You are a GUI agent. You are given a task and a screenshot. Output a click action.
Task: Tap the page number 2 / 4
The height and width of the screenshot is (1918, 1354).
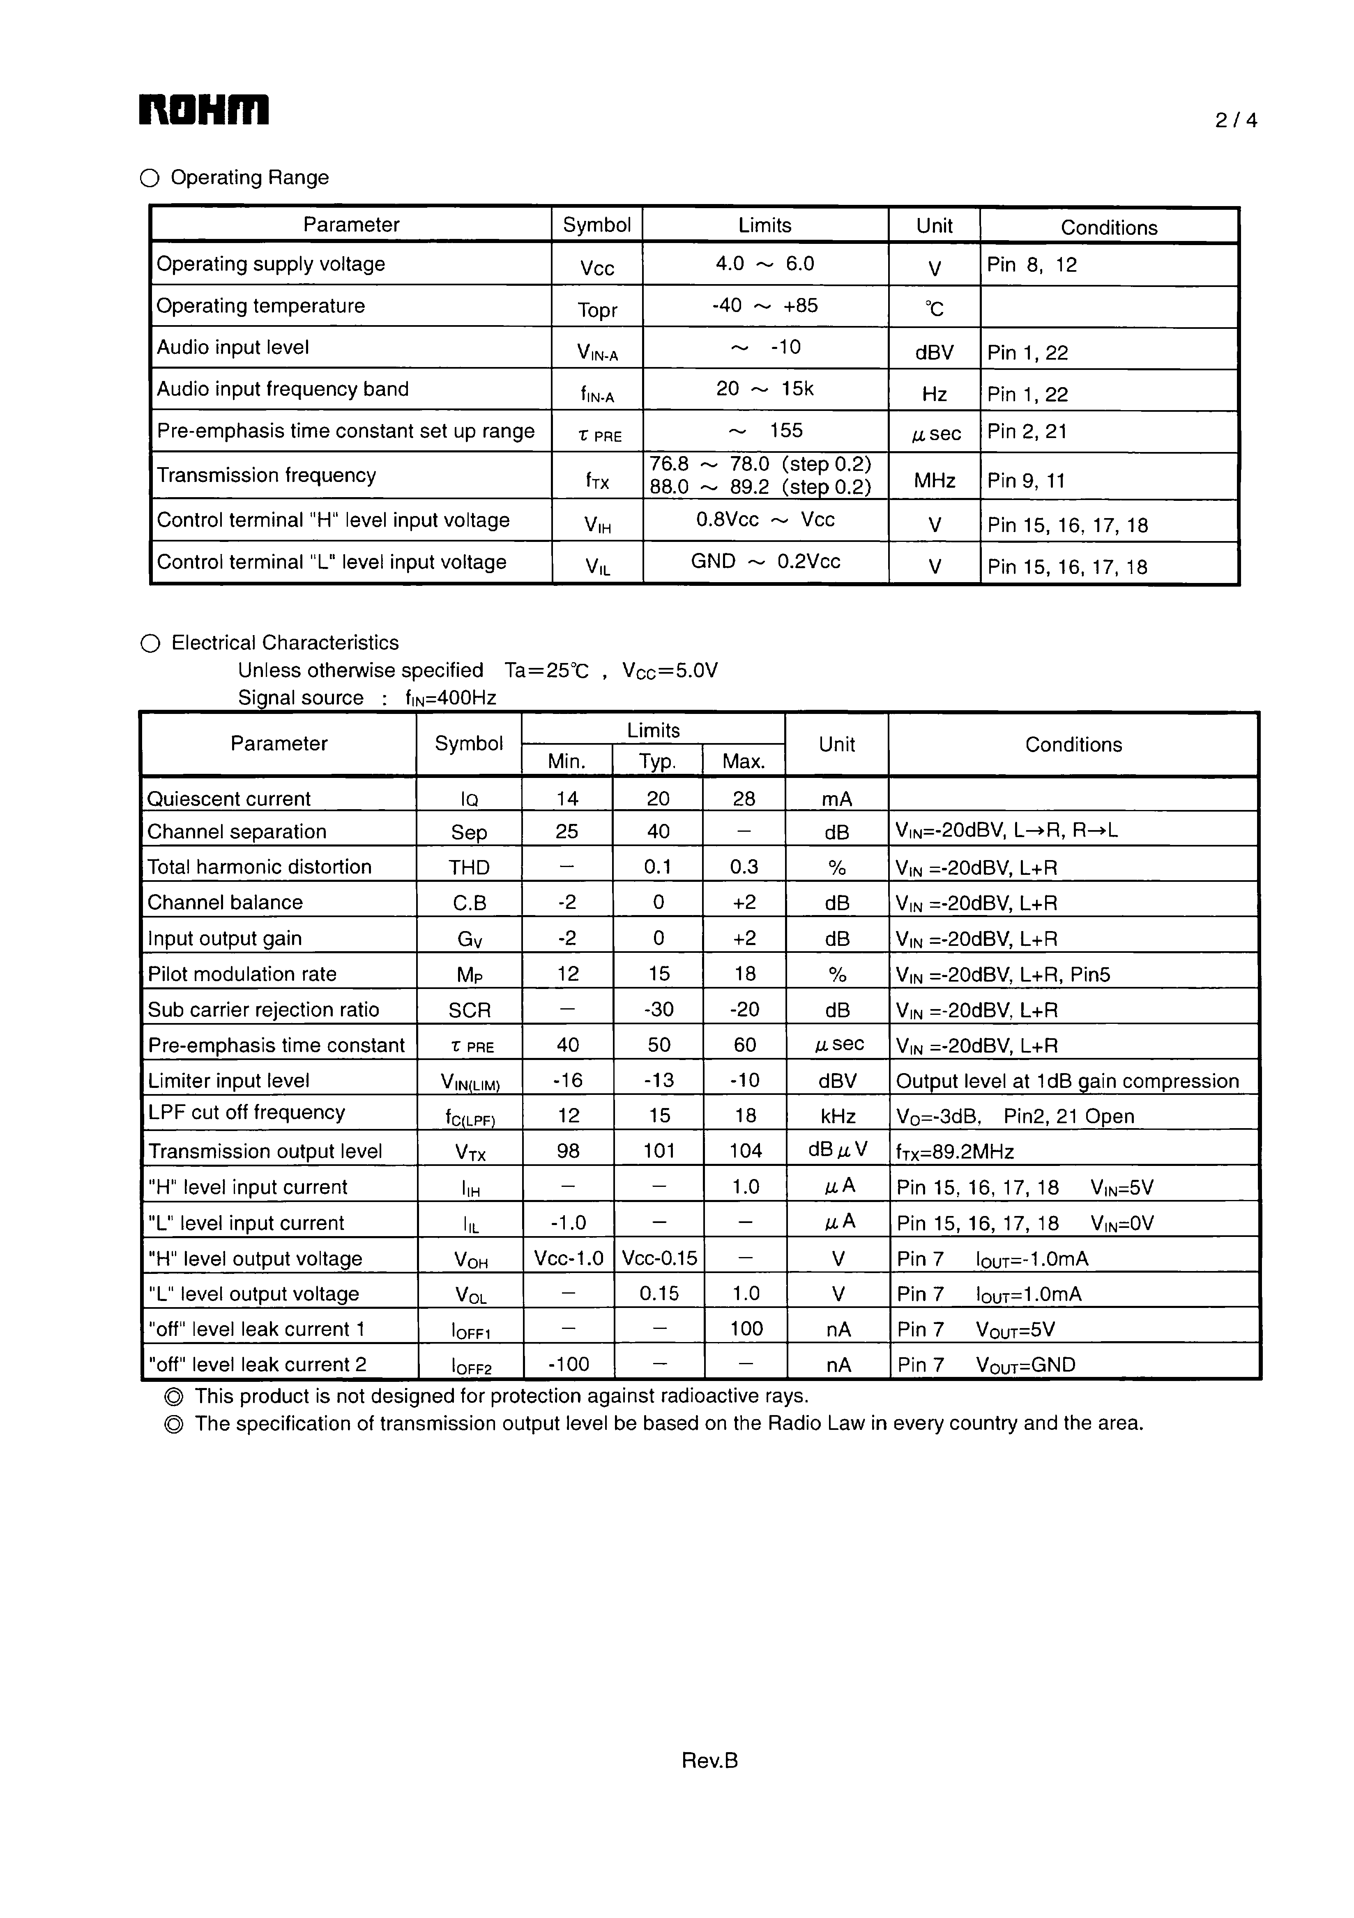[1235, 120]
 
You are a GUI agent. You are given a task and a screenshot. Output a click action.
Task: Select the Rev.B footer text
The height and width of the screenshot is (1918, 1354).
[709, 1760]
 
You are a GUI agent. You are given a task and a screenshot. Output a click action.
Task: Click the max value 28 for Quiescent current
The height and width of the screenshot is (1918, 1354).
[744, 798]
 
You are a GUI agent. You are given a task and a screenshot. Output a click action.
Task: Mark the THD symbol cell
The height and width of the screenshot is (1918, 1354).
[469, 867]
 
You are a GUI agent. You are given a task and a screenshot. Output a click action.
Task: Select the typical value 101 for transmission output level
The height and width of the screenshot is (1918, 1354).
[659, 1151]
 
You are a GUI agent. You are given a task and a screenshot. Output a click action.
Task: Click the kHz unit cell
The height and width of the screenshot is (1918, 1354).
[838, 1116]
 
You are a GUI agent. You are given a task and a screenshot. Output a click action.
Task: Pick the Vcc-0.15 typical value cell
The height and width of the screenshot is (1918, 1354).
[659, 1258]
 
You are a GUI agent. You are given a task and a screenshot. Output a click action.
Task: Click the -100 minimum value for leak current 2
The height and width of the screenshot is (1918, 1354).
[569, 1364]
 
